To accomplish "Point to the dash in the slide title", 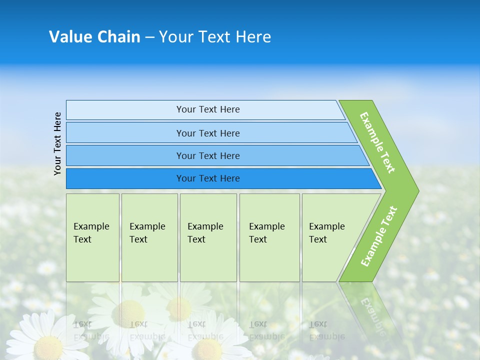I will pyautogui.click(x=149, y=37).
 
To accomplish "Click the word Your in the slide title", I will pyautogui.click(x=176, y=37).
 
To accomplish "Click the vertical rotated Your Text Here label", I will pyautogui.click(x=57, y=144).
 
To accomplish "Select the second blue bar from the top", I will pyautogui.click(x=207, y=133).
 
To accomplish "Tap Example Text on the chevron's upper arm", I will pyautogui.click(x=377, y=142).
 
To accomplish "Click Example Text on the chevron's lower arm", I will pyautogui.click(x=379, y=236).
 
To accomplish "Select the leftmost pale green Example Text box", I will pyautogui.click(x=92, y=237).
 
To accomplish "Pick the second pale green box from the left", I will pyautogui.click(x=149, y=237).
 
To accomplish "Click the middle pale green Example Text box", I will pyautogui.click(x=208, y=237).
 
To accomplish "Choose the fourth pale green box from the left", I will pyautogui.click(x=269, y=237).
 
